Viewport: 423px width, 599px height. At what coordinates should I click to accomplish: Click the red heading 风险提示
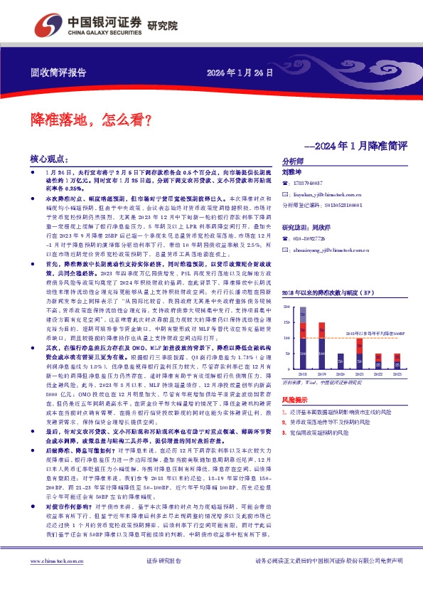tap(296, 400)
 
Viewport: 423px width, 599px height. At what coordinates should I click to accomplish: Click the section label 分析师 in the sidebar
tap(292, 161)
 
